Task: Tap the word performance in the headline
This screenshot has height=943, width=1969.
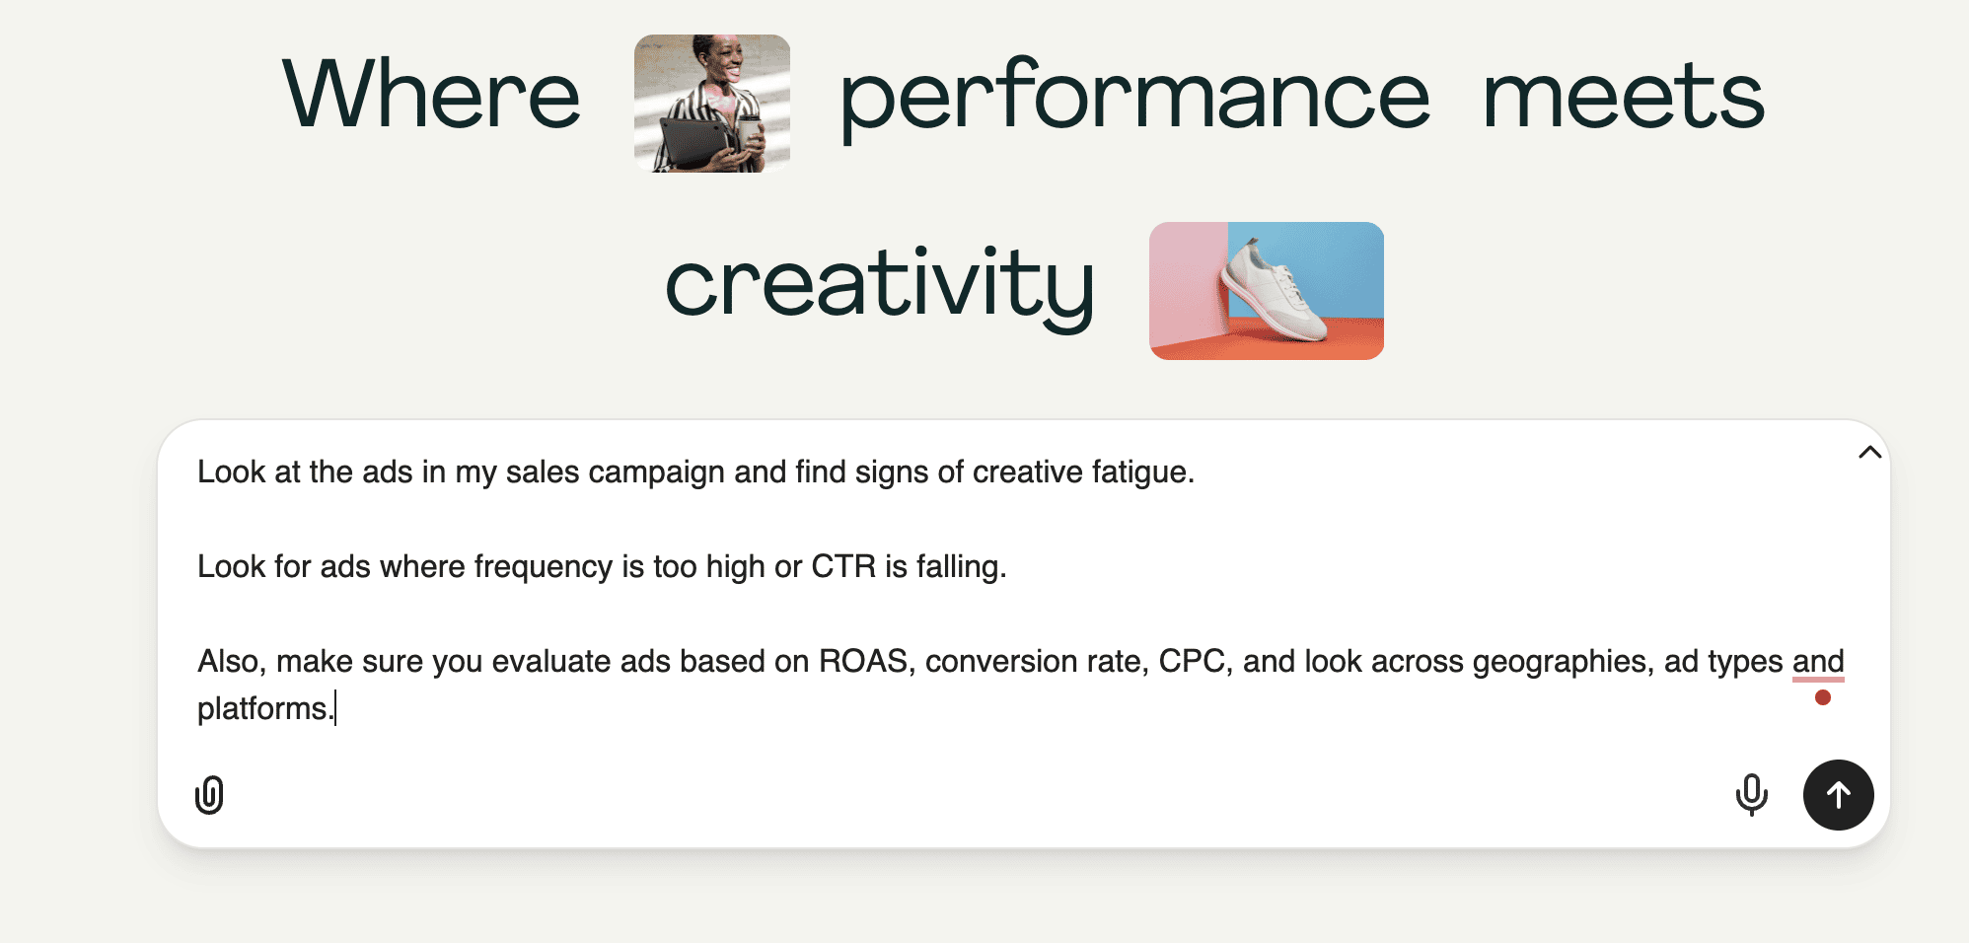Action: click(1134, 99)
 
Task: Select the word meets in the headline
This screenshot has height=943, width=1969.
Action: click(1624, 96)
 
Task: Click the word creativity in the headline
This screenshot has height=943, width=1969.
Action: click(880, 286)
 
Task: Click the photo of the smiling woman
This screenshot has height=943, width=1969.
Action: click(712, 103)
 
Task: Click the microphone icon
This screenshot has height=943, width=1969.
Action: click(1752, 795)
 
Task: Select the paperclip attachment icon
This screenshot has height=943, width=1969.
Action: click(209, 795)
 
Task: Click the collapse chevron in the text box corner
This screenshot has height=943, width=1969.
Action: click(1869, 453)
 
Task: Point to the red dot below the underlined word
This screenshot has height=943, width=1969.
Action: click(1823, 697)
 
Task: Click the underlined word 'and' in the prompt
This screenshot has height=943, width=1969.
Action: click(1818, 661)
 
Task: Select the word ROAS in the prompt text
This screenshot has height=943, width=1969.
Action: click(863, 661)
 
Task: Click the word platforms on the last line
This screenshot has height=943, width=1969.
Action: click(261, 709)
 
